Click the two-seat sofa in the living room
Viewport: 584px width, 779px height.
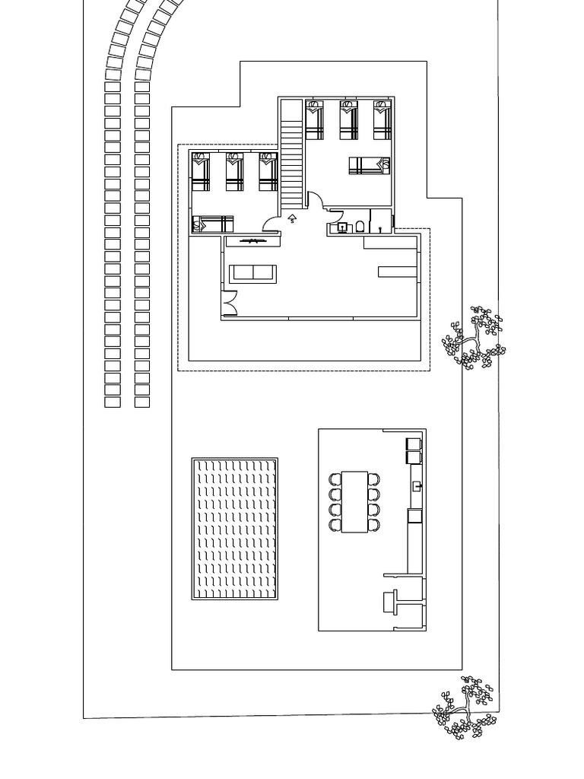[254, 273]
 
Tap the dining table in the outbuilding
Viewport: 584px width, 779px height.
[354, 501]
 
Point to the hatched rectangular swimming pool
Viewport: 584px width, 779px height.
[235, 529]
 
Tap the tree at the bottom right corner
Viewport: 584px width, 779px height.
[464, 707]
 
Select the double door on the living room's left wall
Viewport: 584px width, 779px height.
[230, 303]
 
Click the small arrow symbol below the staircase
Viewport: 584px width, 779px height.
[292, 219]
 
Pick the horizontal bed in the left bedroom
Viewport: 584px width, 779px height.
[212, 224]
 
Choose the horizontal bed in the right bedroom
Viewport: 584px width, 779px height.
[370, 165]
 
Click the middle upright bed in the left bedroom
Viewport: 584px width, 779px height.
[235, 172]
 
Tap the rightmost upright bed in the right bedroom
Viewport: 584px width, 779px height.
[382, 120]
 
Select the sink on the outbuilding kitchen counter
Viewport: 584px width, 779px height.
[416, 485]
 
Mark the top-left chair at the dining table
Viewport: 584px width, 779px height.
[335, 479]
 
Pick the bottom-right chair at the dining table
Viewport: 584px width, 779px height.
[373, 524]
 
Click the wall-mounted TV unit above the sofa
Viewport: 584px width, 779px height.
[252, 241]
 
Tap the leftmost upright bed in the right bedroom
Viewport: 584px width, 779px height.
[315, 120]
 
